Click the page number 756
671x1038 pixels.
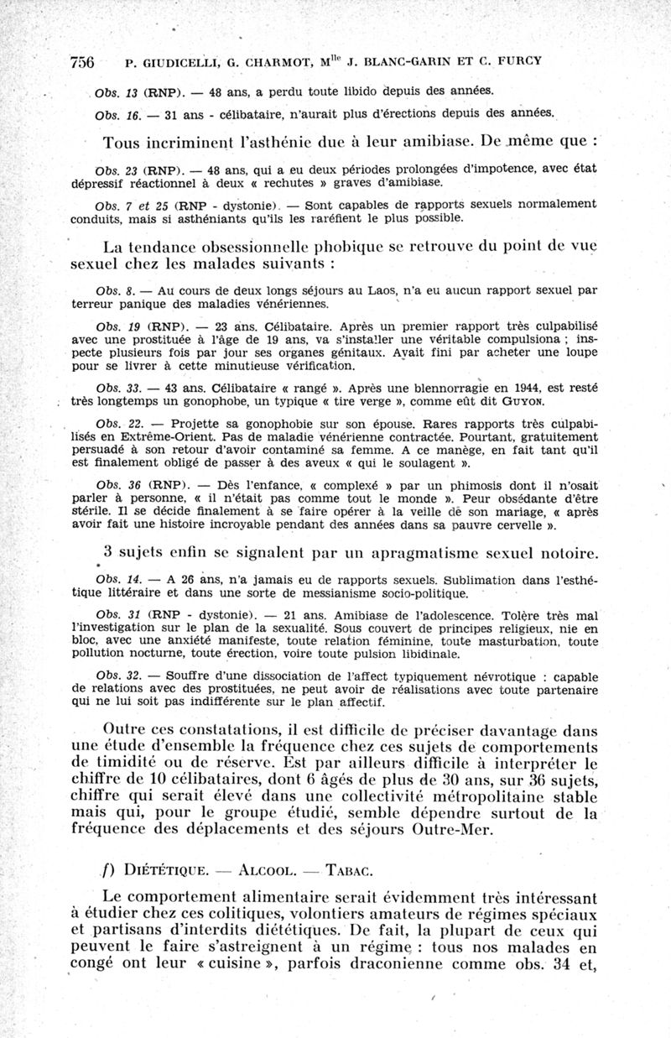point(81,62)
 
